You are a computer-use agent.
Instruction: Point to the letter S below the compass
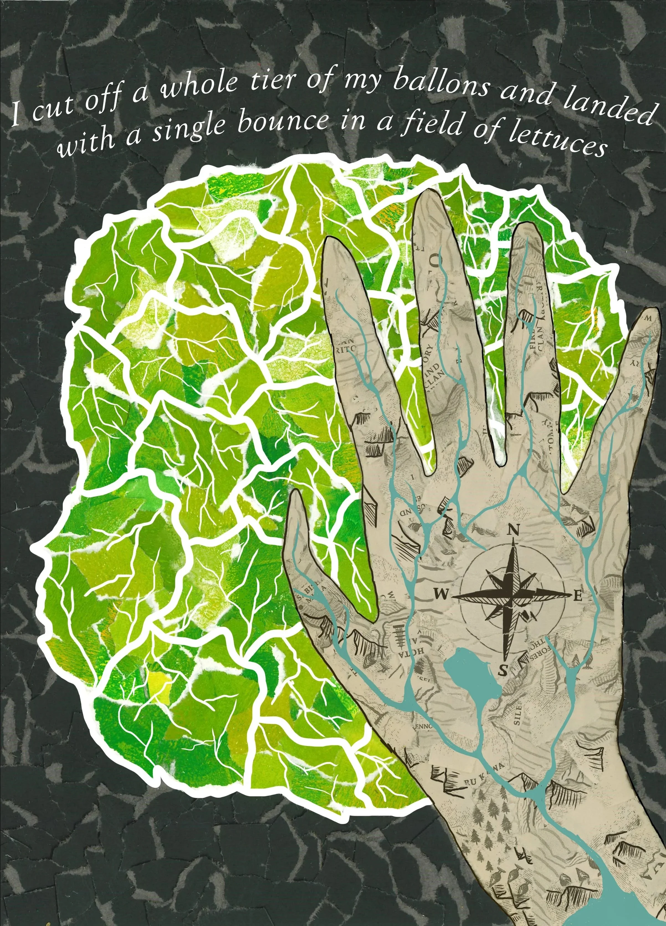[503, 670]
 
